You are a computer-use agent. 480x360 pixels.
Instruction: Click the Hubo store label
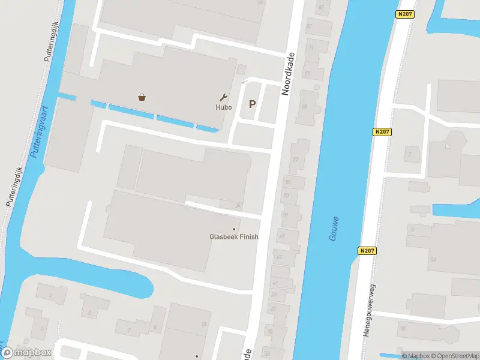(x=223, y=107)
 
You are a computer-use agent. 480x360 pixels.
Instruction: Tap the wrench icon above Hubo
(x=224, y=97)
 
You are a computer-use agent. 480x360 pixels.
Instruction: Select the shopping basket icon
(x=142, y=97)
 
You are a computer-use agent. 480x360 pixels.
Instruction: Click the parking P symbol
(x=252, y=104)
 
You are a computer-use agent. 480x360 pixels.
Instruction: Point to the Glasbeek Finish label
(x=233, y=236)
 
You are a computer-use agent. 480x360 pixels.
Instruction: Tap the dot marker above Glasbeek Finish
(x=234, y=229)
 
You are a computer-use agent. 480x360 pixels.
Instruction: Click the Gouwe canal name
(x=334, y=229)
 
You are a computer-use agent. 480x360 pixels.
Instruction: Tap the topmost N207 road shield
(x=406, y=13)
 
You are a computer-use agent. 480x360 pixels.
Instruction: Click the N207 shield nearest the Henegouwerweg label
(x=368, y=250)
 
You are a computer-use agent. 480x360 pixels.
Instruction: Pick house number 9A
(x=433, y=260)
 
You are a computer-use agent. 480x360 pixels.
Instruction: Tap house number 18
(x=203, y=324)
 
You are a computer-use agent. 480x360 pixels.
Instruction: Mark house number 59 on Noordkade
(x=304, y=106)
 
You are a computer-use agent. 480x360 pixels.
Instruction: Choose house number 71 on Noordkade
(x=310, y=47)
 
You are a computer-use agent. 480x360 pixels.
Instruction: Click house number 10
(x=403, y=328)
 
